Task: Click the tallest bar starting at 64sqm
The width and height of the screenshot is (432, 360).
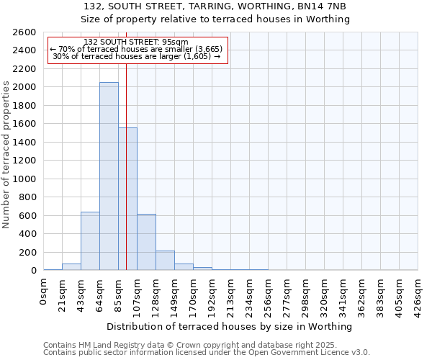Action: click(109, 176)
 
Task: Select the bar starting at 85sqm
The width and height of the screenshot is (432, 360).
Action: click(127, 199)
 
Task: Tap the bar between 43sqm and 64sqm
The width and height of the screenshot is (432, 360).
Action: click(90, 241)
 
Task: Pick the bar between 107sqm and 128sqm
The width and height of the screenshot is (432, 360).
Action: click(146, 242)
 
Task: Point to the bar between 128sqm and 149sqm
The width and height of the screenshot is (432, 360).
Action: click(165, 261)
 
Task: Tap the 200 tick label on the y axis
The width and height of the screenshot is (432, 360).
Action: click(29, 253)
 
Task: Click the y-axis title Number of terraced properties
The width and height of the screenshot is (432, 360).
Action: click(6, 155)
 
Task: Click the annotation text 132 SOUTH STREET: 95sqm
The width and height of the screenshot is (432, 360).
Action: click(136, 42)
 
